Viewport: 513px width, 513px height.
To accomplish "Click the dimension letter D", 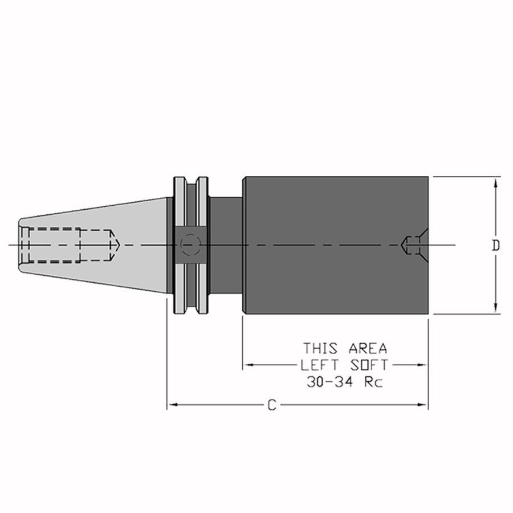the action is pyautogui.click(x=496, y=245).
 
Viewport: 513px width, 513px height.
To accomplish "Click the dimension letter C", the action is pyautogui.click(x=272, y=405).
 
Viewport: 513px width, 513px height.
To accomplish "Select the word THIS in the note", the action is pyautogui.click(x=320, y=348).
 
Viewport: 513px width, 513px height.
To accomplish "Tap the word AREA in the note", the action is pyautogui.click(x=368, y=348).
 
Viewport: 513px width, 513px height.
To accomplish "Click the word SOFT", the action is pyautogui.click(x=369, y=365).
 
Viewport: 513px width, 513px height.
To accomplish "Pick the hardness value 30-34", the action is pyautogui.click(x=330, y=381).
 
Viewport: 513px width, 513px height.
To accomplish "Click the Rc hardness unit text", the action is pyautogui.click(x=373, y=381).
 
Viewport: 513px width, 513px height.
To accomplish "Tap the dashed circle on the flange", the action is pyautogui.click(x=191, y=245).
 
